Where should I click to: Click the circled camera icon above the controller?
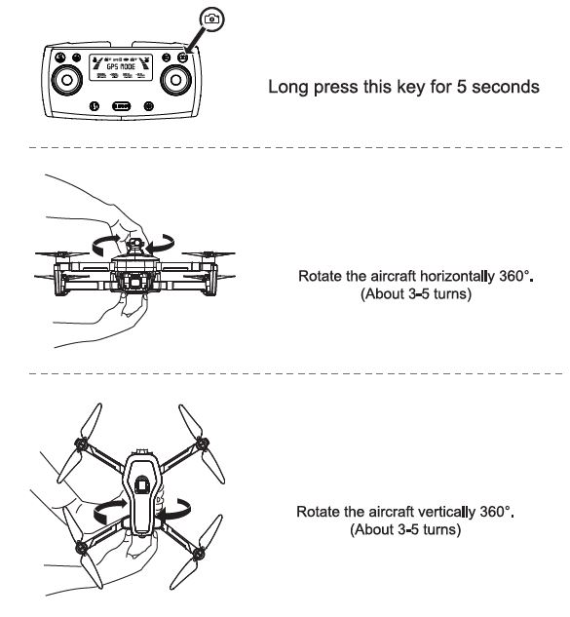tap(211, 19)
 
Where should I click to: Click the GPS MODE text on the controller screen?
tap(122, 70)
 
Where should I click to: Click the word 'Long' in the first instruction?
tap(287, 89)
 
